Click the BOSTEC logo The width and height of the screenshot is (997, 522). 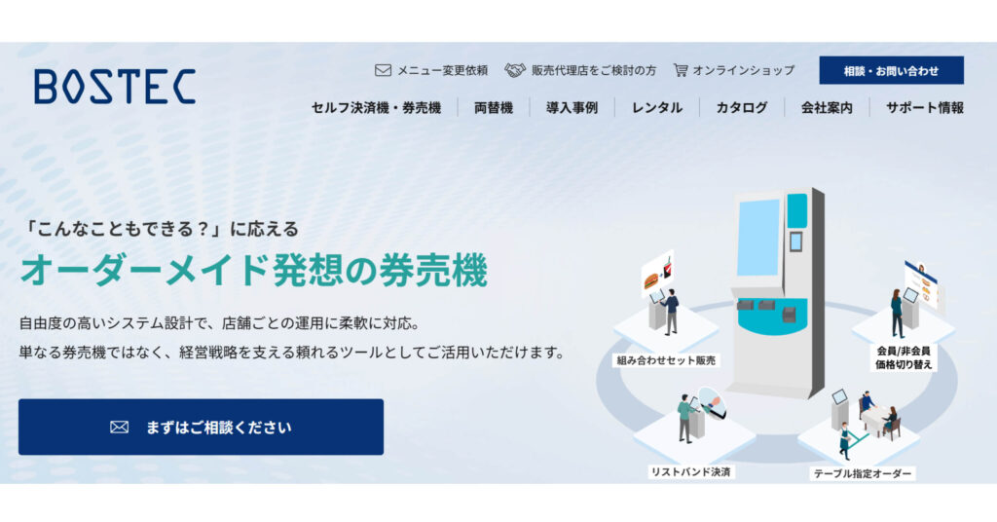click(115, 87)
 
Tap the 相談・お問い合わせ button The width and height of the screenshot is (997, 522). click(891, 70)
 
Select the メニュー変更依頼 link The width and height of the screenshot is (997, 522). click(443, 70)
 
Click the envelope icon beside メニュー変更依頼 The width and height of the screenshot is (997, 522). click(383, 70)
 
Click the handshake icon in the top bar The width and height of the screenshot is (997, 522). click(515, 70)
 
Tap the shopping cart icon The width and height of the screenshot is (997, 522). click(681, 70)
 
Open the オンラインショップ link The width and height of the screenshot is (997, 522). click(743, 70)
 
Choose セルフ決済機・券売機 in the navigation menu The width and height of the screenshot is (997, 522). click(376, 108)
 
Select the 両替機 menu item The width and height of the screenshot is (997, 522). click(494, 108)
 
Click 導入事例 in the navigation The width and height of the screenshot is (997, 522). click(572, 108)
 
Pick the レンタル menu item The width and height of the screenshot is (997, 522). click(657, 108)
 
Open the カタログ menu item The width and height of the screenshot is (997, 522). click(741, 108)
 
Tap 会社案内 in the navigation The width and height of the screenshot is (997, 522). click(827, 108)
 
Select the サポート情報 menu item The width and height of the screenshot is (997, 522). click(925, 108)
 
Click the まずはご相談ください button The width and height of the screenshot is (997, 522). click(201, 427)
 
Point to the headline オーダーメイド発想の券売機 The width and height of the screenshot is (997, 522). click(254, 271)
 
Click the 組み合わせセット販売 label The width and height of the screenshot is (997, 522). click(666, 360)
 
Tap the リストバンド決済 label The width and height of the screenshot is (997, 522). click(690, 471)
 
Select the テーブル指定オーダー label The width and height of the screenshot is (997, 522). click(863, 473)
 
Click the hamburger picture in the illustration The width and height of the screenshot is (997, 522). click(651, 280)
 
